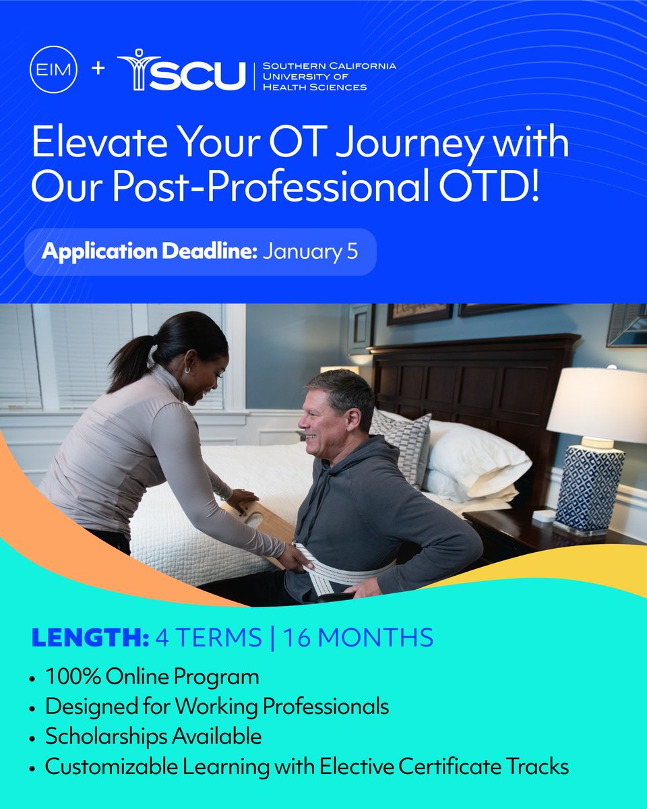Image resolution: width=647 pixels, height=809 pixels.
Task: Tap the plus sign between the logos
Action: [x=98, y=69]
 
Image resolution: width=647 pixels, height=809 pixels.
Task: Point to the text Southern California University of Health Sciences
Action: [x=329, y=76]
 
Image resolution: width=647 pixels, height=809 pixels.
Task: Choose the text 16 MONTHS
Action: [x=357, y=638]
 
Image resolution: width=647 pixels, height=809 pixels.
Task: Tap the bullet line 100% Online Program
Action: [x=152, y=676]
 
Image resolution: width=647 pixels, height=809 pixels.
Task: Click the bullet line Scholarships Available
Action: [x=153, y=736]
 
